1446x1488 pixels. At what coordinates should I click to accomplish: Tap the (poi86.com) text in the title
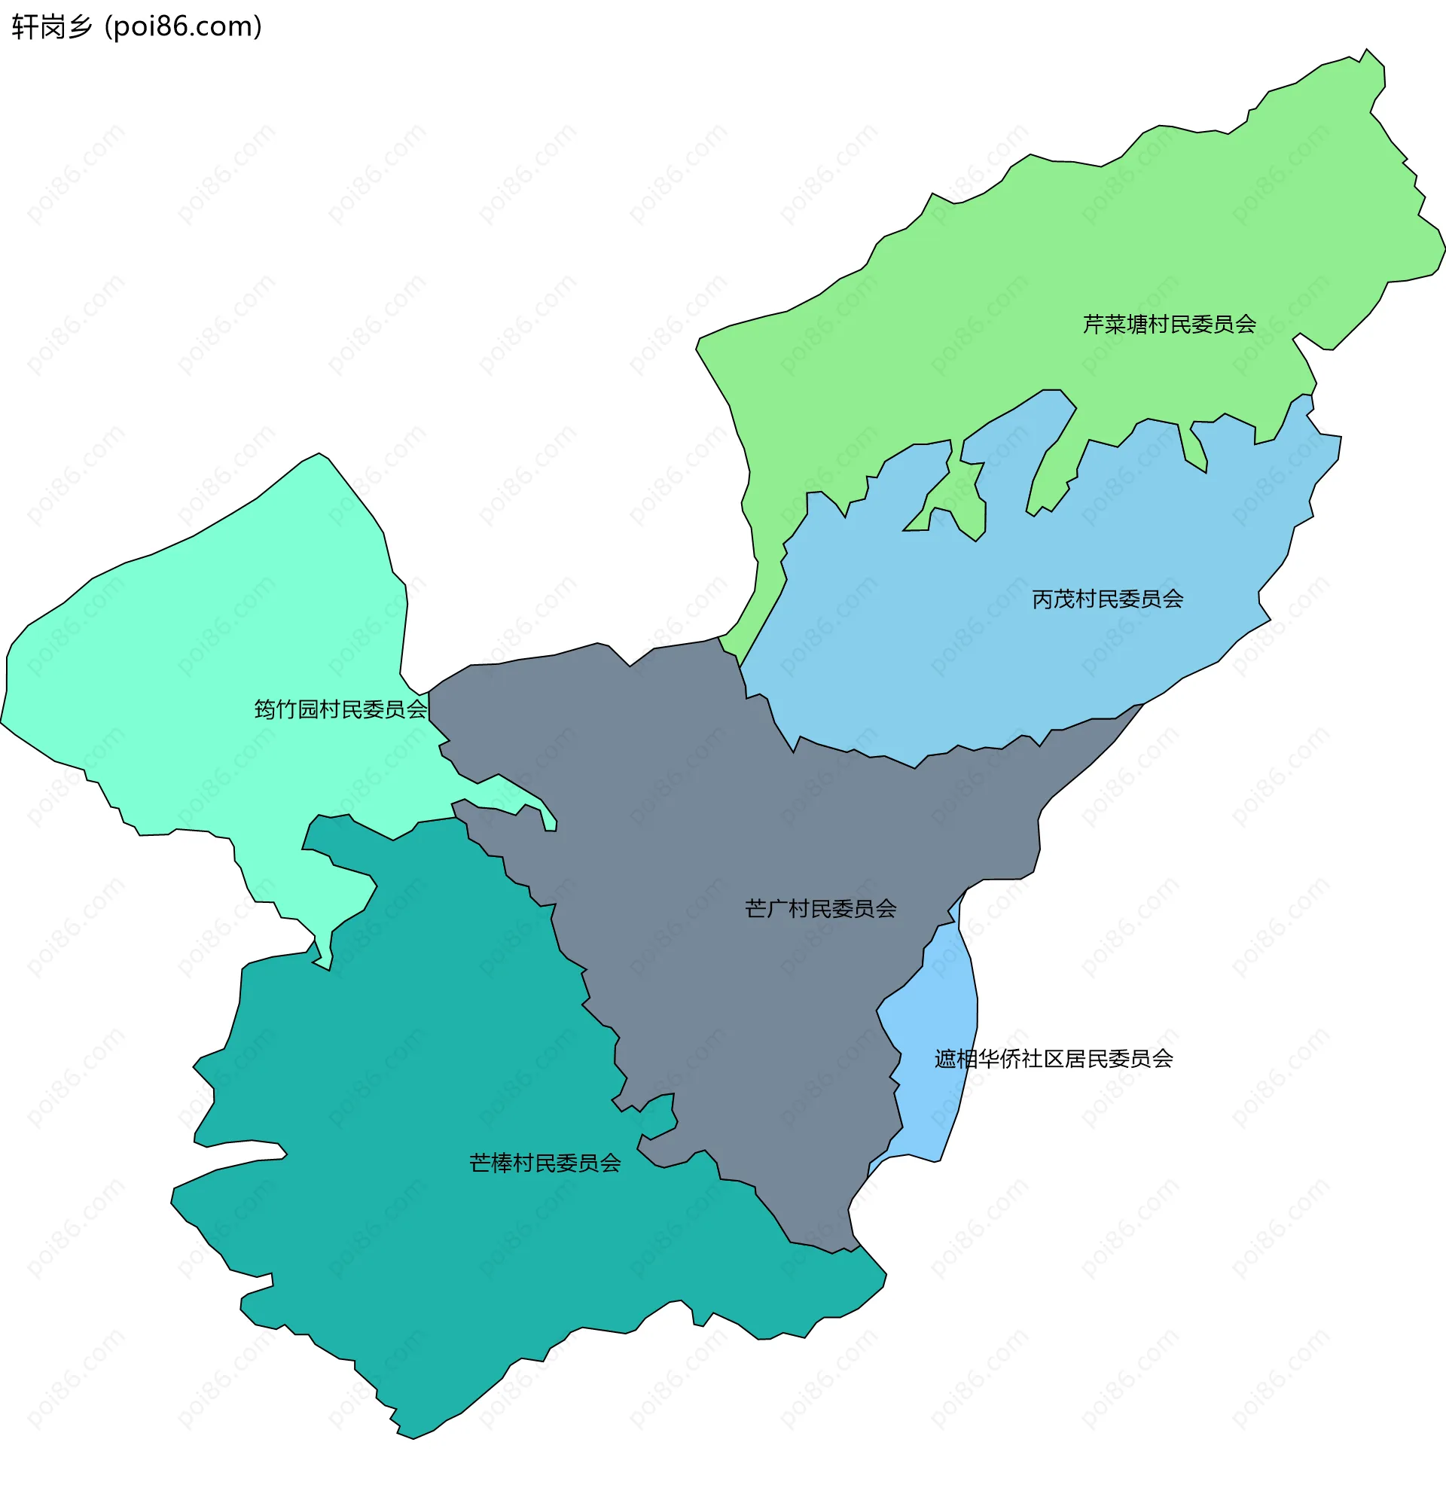coord(183,27)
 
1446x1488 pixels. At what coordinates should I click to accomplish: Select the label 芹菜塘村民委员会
coord(1169,325)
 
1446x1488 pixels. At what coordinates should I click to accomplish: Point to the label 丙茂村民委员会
coord(1107,599)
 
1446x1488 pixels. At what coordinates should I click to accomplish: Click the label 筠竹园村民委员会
coord(341,710)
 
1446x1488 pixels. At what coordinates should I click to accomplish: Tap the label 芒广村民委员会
coord(820,910)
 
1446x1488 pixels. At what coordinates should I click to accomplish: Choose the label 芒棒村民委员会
coord(545,1164)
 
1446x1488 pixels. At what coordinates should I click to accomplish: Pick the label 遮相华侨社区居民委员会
coord(1054,1059)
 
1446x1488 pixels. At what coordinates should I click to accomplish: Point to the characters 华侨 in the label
coord(999,1059)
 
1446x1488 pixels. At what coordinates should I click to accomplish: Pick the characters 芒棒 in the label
coord(490,1164)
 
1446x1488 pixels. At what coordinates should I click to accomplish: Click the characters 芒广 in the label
coord(766,910)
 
